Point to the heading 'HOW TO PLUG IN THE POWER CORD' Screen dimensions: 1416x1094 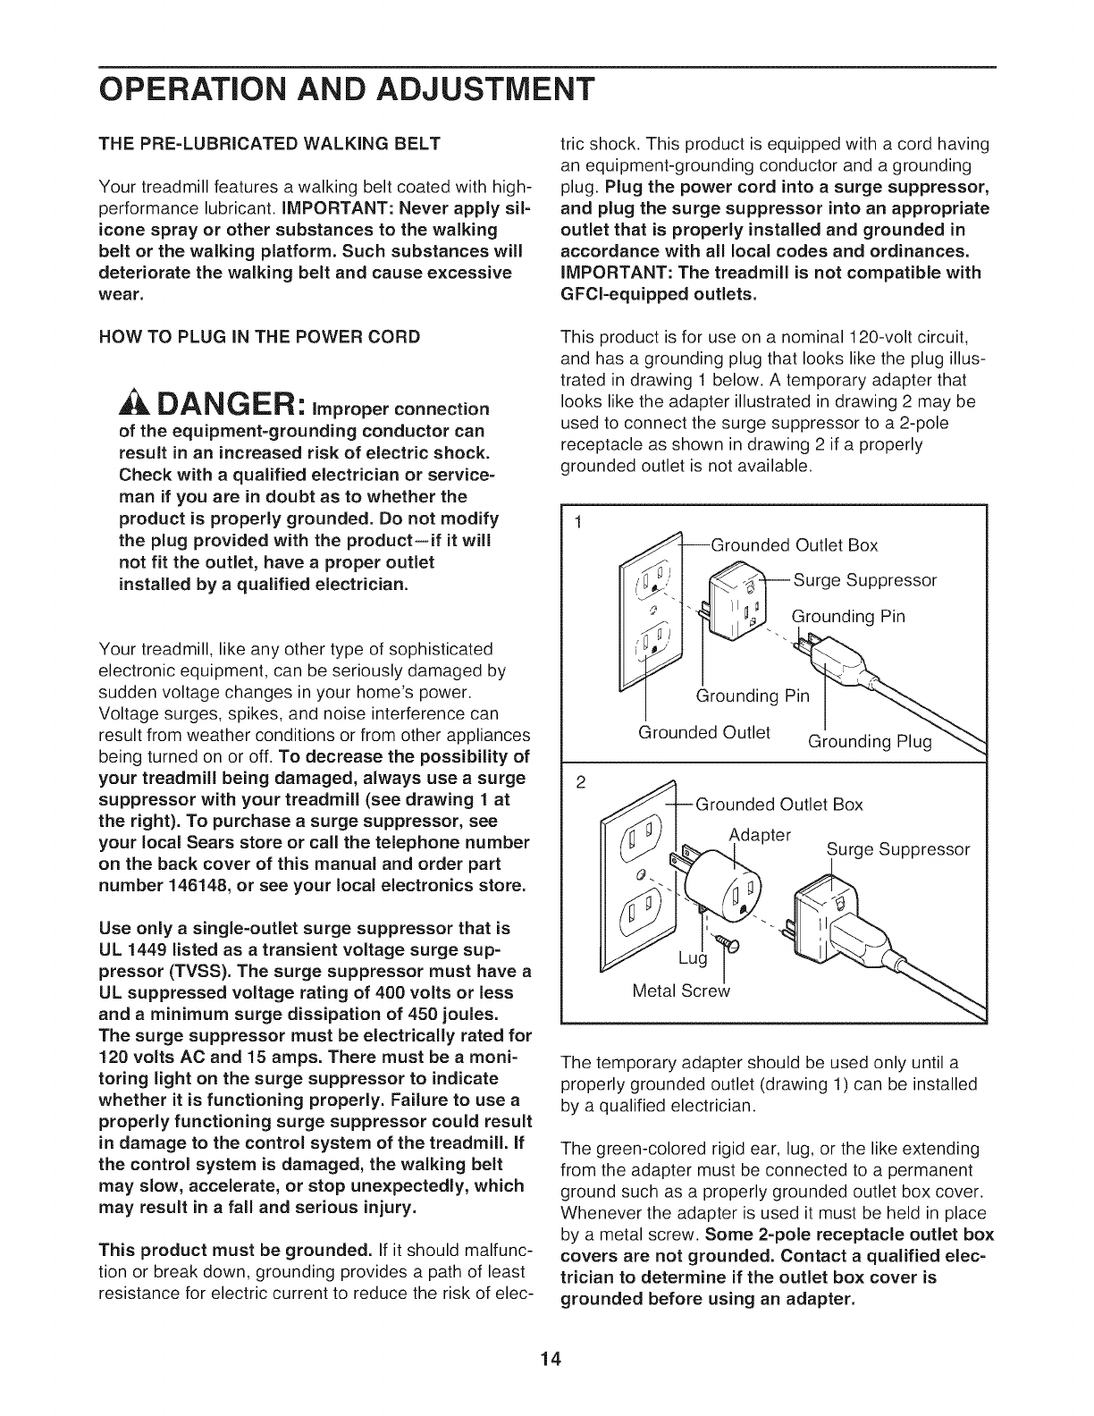(259, 337)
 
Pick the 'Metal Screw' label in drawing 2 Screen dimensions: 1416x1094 (681, 991)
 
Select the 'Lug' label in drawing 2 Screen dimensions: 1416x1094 (693, 959)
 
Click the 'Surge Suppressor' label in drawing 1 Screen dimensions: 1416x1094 (865, 581)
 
